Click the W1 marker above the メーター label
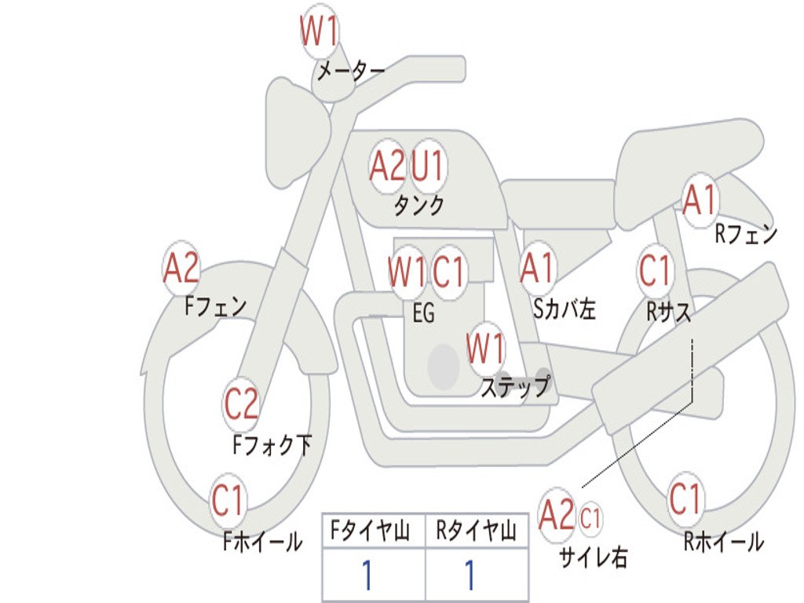[x=320, y=31]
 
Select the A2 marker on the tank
[x=387, y=166]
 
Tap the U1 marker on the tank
[x=427, y=166]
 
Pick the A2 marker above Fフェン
[x=181, y=268]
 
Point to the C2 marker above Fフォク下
[x=242, y=404]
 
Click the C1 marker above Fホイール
[x=227, y=500]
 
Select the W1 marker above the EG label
[x=407, y=271]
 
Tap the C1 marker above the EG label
[x=448, y=271]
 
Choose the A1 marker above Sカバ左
[x=537, y=268]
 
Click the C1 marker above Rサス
[x=655, y=270]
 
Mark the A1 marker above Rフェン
[x=700, y=200]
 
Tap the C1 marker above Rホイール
[x=685, y=499]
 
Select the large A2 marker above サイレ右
[x=557, y=514]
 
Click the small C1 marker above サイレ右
[x=590, y=518]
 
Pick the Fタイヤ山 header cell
[x=373, y=531]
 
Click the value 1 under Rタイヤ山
[x=470, y=575]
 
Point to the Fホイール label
[x=262, y=542]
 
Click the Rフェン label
[x=746, y=234]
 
